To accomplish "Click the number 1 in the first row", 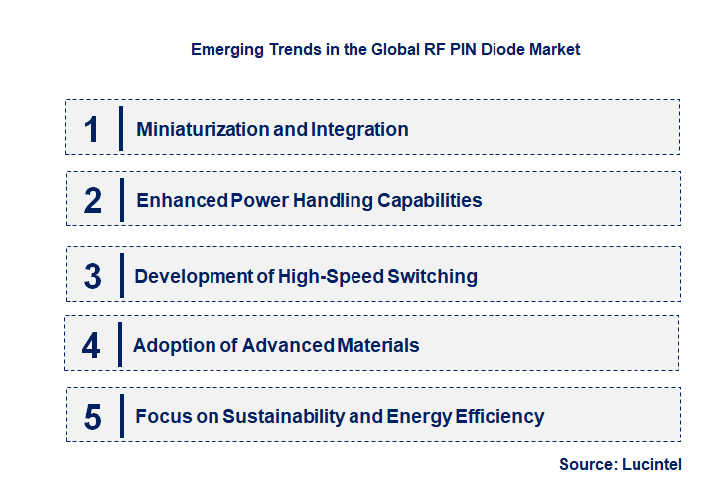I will click(91, 129).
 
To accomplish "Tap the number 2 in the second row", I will click(92, 200).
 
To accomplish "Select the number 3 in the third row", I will click(92, 276).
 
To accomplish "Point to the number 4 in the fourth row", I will click(91, 345).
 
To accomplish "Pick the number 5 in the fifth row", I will click(92, 417).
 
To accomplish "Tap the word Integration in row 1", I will click(359, 129).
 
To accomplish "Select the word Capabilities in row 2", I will click(430, 200).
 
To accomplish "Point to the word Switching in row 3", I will click(432, 276).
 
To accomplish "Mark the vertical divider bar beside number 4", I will click(120, 345).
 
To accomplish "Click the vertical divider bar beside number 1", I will click(120, 129).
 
